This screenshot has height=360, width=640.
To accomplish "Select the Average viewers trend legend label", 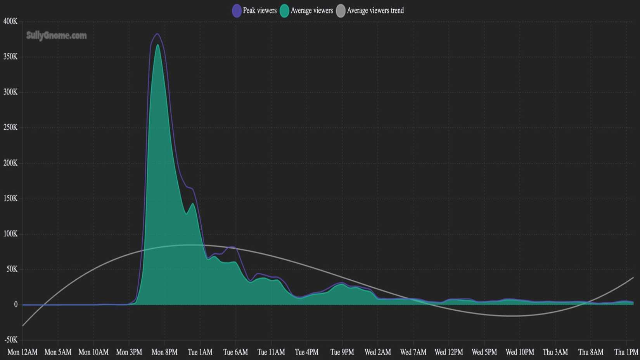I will (375, 11).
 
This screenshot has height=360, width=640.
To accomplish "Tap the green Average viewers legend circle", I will (284, 11).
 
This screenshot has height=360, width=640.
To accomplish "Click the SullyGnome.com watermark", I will (57, 36).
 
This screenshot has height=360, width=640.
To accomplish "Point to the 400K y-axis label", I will (10, 21).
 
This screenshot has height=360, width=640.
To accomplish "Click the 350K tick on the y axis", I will (10, 57).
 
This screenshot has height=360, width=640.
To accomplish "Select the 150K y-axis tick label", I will (10, 199).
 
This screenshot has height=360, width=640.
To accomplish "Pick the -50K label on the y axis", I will (11, 340).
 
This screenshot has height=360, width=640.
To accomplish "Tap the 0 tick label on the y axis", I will (16, 305).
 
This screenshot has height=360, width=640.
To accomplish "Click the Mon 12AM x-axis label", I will (22, 352).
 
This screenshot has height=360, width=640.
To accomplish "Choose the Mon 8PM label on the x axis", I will (164, 352).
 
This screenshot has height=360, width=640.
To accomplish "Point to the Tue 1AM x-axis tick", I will (200, 352).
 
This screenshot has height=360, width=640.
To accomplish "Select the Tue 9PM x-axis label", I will (342, 352).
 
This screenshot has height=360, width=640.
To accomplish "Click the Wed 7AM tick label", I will (413, 352).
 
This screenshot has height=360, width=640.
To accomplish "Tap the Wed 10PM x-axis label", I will (520, 352).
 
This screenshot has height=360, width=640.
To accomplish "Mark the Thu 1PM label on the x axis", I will (626, 352).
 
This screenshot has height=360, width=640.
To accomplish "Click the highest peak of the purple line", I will (157, 34).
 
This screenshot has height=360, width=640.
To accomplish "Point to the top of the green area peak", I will (157, 45).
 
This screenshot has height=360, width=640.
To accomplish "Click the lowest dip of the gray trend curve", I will (511, 316).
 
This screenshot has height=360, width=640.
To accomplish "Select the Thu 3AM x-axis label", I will (555, 352).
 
